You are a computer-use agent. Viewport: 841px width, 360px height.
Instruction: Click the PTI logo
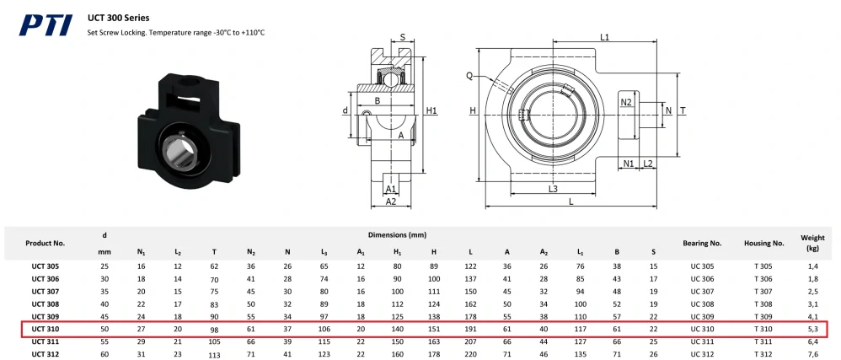[x=46, y=25]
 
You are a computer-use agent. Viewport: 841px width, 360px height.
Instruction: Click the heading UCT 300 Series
[x=119, y=18]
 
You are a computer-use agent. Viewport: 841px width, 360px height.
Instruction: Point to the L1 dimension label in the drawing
[x=604, y=37]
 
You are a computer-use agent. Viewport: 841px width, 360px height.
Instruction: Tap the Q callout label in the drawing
[x=469, y=76]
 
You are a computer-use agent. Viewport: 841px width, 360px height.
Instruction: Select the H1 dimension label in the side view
[x=431, y=110]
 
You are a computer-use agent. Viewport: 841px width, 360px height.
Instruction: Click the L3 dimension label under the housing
[x=553, y=188]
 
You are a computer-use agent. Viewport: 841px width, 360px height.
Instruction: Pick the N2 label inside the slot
[x=626, y=103]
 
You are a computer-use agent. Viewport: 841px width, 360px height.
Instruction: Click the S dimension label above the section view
[x=404, y=38]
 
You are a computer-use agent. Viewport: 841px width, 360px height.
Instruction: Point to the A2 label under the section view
[x=391, y=201]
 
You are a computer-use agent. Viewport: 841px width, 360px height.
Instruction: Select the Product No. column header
[x=45, y=243]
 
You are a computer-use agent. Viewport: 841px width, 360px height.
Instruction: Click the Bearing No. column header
[x=702, y=243]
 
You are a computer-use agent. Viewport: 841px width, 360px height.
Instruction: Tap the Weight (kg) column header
[x=812, y=243]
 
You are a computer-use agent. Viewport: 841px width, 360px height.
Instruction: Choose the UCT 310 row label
[x=45, y=329]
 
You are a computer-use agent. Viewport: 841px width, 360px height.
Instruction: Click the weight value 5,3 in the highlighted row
[x=812, y=329]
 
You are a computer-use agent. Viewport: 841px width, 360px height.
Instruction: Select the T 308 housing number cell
[x=763, y=304]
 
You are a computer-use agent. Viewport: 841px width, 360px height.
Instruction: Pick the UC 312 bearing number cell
[x=702, y=354]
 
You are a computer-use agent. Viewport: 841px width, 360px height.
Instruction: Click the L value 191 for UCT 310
[x=470, y=329]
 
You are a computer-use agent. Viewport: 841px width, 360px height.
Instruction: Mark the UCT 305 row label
[x=45, y=266]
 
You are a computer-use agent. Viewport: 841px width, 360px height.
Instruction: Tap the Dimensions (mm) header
[x=397, y=235]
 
